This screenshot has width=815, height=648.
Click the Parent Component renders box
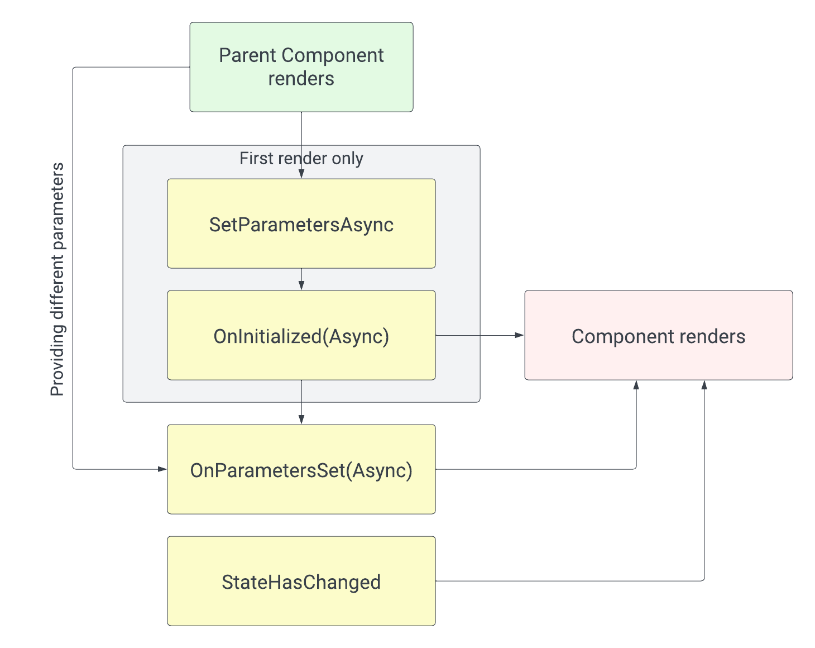301,67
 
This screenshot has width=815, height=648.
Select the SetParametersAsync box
301,224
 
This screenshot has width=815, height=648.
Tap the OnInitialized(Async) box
301,336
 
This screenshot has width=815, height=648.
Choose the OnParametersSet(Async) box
301,470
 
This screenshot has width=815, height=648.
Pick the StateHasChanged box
301,582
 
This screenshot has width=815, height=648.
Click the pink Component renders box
659,336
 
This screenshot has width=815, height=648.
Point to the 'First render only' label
301,159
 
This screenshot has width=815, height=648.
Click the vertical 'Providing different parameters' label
57,279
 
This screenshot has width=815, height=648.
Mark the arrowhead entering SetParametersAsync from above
301,174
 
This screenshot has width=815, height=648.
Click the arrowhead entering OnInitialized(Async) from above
301,285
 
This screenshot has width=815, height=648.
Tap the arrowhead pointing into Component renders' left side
520,335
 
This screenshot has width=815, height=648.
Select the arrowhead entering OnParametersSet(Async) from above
301,420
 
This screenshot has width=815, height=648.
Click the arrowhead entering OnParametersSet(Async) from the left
162,469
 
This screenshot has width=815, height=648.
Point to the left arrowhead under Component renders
636,385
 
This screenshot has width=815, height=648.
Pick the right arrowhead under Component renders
704,385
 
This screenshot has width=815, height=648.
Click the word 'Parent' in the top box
248,56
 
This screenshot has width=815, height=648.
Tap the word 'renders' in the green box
301,79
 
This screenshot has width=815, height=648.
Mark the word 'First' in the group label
256,159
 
